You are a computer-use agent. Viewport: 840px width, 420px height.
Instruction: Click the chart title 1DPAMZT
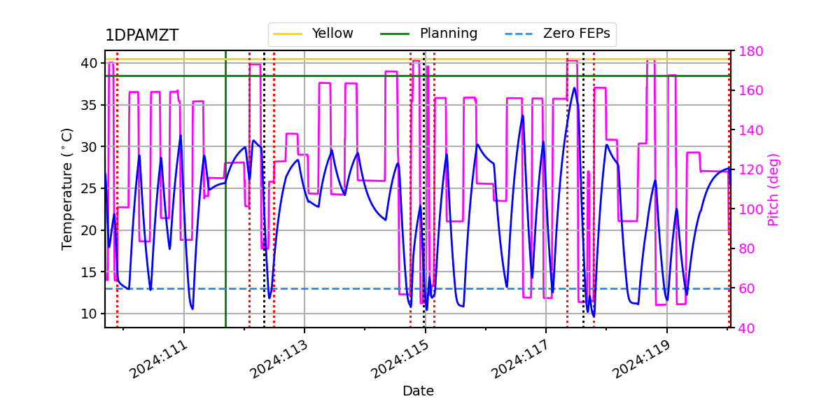(141, 36)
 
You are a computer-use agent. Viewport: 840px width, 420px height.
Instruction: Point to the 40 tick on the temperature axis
(89, 63)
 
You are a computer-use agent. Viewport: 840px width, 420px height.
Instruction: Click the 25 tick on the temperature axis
(89, 188)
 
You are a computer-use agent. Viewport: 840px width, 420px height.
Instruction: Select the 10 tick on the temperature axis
(89, 314)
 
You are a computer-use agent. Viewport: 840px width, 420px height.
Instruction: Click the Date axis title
(418, 391)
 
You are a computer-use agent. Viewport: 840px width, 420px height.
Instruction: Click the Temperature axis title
(67, 188)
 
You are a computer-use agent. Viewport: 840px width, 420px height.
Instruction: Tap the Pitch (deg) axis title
(773, 189)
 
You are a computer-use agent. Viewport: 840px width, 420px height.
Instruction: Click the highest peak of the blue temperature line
(575, 87)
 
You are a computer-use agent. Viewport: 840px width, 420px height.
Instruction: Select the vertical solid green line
(225, 210)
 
